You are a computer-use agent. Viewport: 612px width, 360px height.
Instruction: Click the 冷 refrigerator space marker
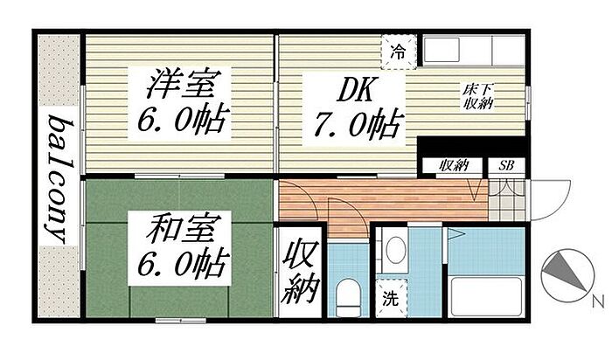click(399, 52)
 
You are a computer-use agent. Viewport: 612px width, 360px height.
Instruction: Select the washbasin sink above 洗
click(393, 251)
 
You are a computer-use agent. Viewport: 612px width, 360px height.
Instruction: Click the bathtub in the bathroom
click(485, 292)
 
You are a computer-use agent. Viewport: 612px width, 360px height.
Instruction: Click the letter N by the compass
click(598, 302)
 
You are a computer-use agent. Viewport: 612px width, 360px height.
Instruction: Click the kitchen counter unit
click(472, 51)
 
